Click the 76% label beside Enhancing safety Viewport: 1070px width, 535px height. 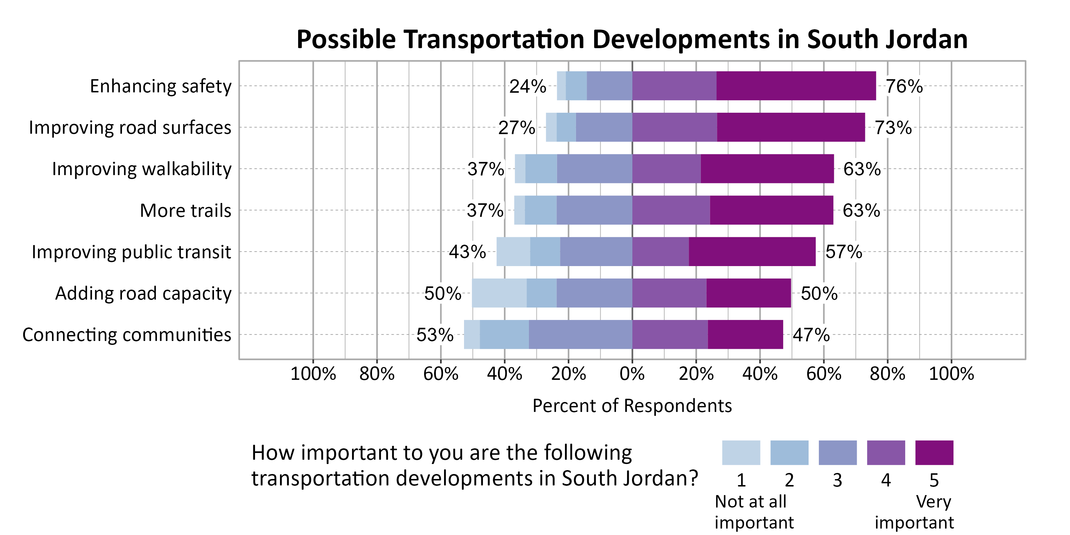[x=904, y=86]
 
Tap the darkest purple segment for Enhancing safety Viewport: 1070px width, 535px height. [x=796, y=86]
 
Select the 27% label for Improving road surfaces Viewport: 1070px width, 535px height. [x=516, y=128]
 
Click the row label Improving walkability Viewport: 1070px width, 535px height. [x=142, y=169]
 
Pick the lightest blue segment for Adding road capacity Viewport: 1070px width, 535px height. [x=499, y=293]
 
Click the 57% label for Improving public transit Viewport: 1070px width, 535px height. [x=843, y=252]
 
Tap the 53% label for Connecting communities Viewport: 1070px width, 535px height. [x=434, y=335]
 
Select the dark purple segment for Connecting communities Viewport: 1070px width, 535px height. [x=745, y=335]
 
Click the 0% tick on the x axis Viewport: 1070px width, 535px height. [x=632, y=374]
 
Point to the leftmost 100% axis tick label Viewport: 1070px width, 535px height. [x=313, y=374]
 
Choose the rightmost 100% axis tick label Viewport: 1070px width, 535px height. [x=951, y=374]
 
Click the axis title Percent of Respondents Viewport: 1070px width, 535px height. [x=632, y=406]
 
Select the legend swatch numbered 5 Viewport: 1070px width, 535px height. [x=934, y=453]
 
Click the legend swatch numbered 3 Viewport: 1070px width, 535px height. [x=837, y=453]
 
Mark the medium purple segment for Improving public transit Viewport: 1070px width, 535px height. [x=660, y=252]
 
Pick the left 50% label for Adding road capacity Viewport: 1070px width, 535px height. [x=442, y=293]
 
